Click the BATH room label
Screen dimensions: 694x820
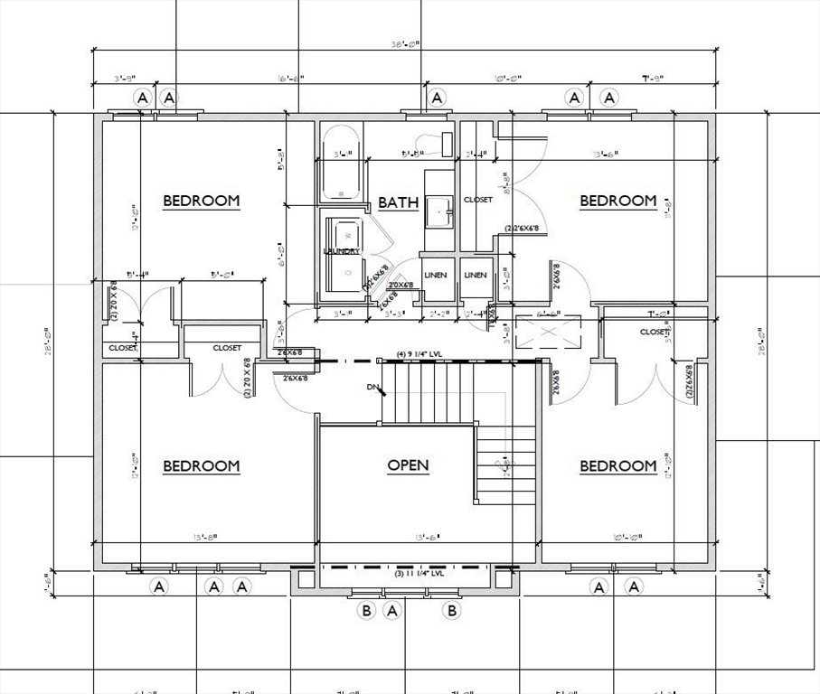pyautogui.click(x=398, y=202)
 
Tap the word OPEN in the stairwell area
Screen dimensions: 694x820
pyautogui.click(x=408, y=465)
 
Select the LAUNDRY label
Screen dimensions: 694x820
pyautogui.click(x=342, y=251)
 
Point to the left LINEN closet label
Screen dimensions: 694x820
pyautogui.click(x=436, y=275)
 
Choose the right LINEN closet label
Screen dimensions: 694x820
pyautogui.click(x=476, y=275)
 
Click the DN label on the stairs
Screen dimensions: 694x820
pyautogui.click(x=372, y=387)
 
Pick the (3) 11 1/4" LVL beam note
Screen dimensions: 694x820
pyautogui.click(x=419, y=574)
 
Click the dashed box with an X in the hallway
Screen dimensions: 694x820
pyautogui.click(x=537, y=333)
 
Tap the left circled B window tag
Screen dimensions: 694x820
pyautogui.click(x=367, y=611)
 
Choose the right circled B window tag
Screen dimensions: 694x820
pyautogui.click(x=451, y=611)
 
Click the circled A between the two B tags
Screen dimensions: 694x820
pyautogui.click(x=392, y=611)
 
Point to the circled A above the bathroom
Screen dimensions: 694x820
pyautogui.click(x=437, y=98)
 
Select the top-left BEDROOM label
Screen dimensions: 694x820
pyautogui.click(x=201, y=201)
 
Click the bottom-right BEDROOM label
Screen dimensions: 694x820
pyautogui.click(x=617, y=465)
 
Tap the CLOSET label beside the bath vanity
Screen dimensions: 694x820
pyautogui.click(x=477, y=200)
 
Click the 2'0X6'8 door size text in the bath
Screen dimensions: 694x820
pyautogui.click(x=401, y=285)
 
